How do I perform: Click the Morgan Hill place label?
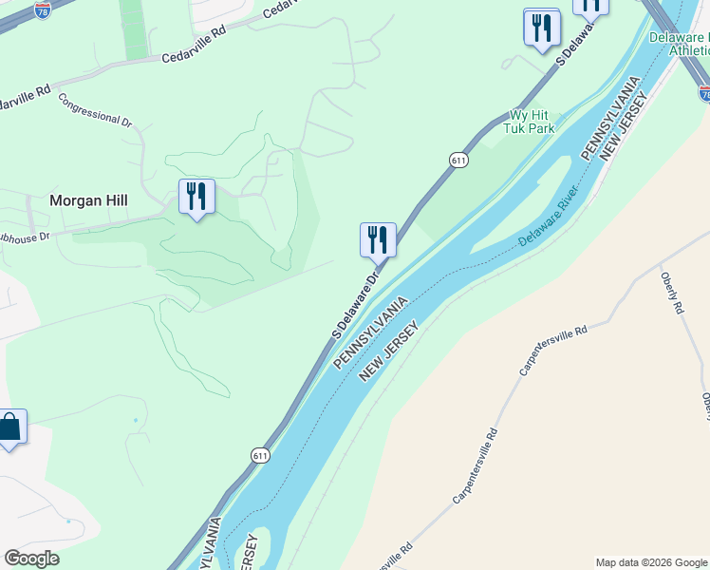(88, 201)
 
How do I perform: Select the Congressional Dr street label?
(95, 108)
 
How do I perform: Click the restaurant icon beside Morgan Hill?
(196, 197)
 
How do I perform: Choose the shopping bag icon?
(9, 427)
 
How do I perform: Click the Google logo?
(31, 559)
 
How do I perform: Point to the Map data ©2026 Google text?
(651, 562)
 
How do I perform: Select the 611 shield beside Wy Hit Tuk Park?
(459, 161)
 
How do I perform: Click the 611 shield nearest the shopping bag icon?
(261, 456)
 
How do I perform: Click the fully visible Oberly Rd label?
(672, 294)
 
